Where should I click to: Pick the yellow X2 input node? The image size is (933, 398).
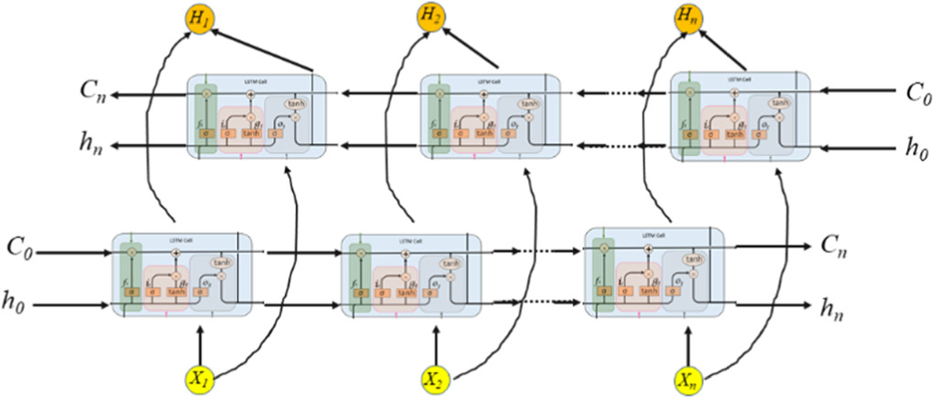pos(436,378)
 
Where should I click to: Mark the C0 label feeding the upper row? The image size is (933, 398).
pos(916,92)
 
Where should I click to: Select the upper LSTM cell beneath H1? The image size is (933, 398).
pos(256,116)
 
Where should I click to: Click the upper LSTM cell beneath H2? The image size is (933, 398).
pos(490,116)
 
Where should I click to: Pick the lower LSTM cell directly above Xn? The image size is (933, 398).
pos(654,272)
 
